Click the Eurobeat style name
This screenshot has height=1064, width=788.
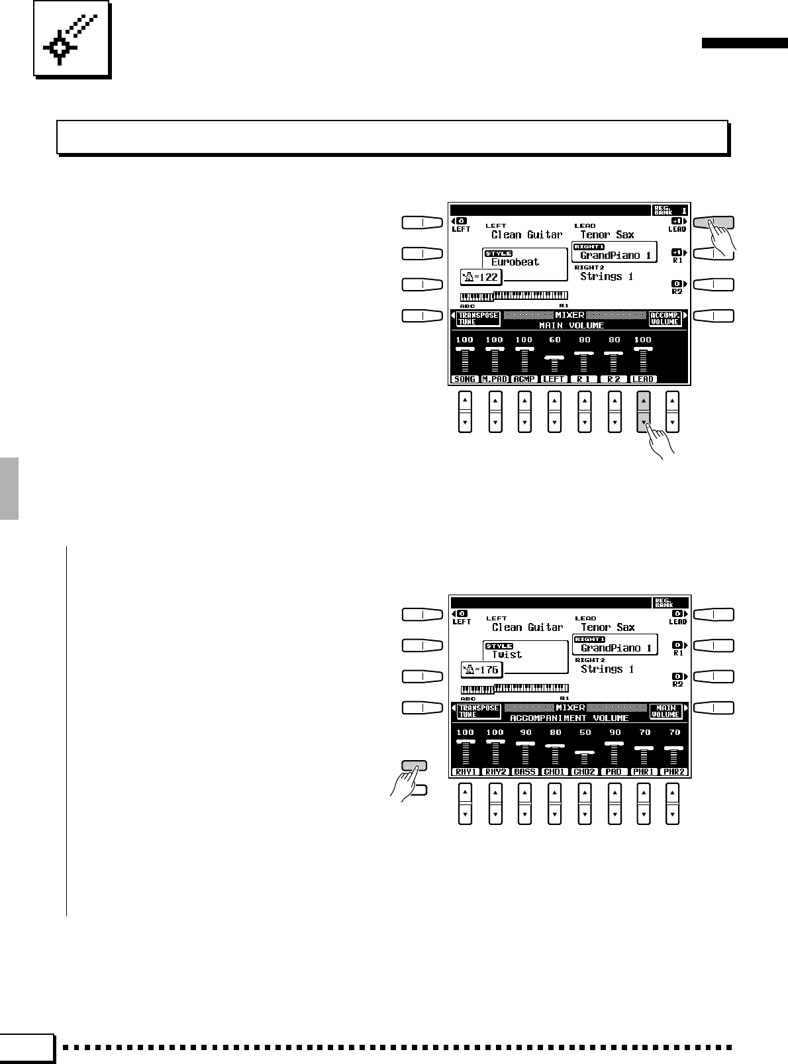[x=515, y=262]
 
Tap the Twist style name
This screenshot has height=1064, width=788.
[x=507, y=655]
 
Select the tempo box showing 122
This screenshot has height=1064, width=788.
[x=481, y=277]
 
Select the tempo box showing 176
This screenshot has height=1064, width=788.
[x=481, y=670]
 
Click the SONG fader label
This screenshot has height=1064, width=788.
[x=465, y=379]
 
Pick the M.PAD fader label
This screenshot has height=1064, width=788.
[x=495, y=379]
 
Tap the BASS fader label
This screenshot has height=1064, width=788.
[x=525, y=772]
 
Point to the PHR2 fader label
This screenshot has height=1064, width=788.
[x=675, y=772]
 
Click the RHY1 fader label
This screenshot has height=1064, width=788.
[x=466, y=772]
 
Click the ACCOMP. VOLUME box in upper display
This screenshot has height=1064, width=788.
[x=665, y=318]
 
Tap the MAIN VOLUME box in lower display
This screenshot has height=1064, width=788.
[x=665, y=711]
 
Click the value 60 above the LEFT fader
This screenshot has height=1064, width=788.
[x=554, y=340]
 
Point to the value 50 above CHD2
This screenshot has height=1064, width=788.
[x=585, y=733]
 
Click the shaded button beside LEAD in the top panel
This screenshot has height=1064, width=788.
[x=713, y=223]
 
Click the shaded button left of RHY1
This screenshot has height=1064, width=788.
[x=415, y=766]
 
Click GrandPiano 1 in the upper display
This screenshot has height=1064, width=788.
[x=615, y=256]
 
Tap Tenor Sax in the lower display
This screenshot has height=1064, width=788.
[x=608, y=628]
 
